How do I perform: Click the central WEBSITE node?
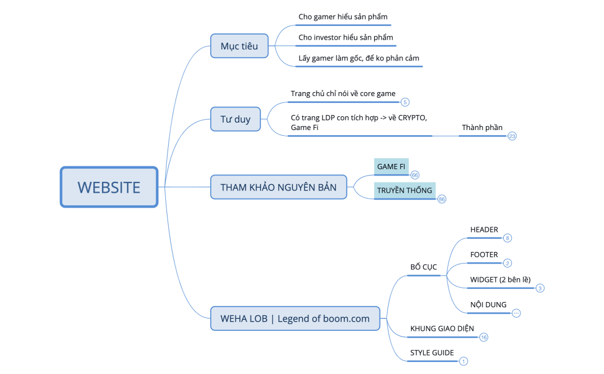point(109,187)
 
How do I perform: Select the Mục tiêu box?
point(239,46)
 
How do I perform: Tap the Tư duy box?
point(235,119)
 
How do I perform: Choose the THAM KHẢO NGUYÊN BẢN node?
point(279,187)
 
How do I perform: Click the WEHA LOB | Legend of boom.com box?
point(295,318)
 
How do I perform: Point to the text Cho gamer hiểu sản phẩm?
point(339,17)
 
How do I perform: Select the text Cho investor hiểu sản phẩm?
point(345,37)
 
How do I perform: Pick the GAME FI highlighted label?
point(392,166)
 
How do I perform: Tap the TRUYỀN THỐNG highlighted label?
point(404,190)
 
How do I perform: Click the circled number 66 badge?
point(415,175)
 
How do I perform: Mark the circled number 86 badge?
point(442,199)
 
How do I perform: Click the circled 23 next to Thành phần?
point(512,136)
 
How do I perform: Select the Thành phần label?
point(482,127)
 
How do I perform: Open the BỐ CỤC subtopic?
point(423,267)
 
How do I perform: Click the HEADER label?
point(484,230)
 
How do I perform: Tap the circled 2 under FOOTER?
point(507,263)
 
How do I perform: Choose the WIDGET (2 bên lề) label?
point(500,280)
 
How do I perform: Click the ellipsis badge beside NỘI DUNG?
point(516,313)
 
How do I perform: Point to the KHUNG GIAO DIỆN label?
point(442,329)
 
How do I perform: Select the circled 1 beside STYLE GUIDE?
point(464,361)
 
